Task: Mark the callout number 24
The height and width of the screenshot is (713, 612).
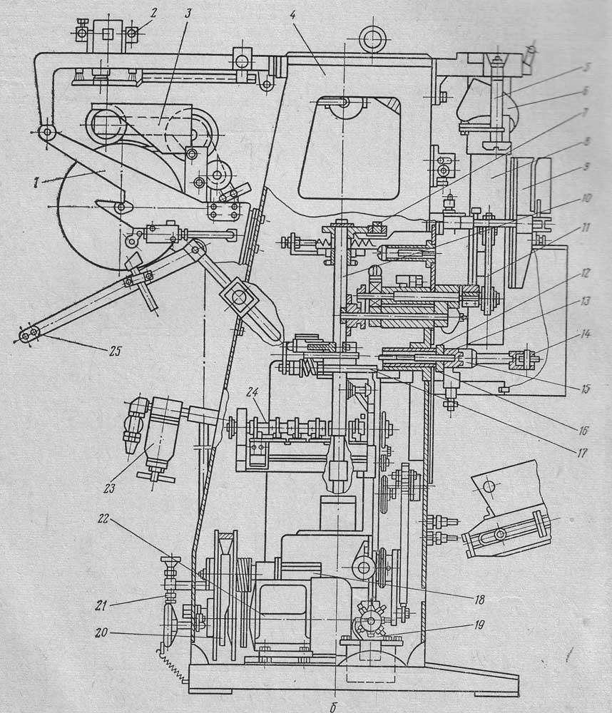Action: [262, 411]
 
